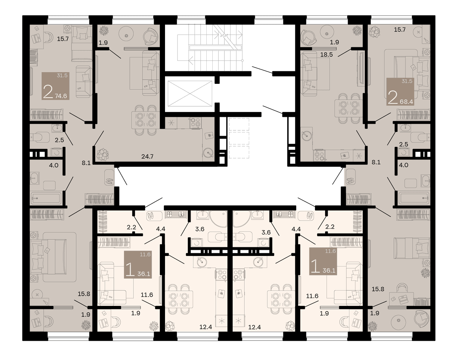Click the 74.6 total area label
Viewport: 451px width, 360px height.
[x=61, y=96]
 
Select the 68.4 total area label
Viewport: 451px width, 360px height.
[x=406, y=102]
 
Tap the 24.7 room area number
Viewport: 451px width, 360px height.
[x=147, y=157]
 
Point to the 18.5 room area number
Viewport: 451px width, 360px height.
[x=327, y=55]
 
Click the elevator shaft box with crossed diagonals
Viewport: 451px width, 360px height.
[x=190, y=94]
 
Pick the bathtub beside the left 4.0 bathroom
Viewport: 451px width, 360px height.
[x=47, y=198]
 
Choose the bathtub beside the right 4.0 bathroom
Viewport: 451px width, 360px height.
[x=414, y=198]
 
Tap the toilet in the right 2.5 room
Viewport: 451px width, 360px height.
[x=420, y=138]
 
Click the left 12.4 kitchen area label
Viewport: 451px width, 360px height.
[x=206, y=327]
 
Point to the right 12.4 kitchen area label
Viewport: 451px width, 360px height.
[x=254, y=327]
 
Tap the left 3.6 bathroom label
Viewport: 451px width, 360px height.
[x=200, y=229]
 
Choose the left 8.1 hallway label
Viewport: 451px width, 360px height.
[x=86, y=163]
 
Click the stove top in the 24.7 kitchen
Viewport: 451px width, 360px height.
[x=196, y=123]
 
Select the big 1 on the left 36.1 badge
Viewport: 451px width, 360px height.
[x=130, y=269]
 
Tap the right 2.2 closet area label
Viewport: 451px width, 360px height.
[x=330, y=227]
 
